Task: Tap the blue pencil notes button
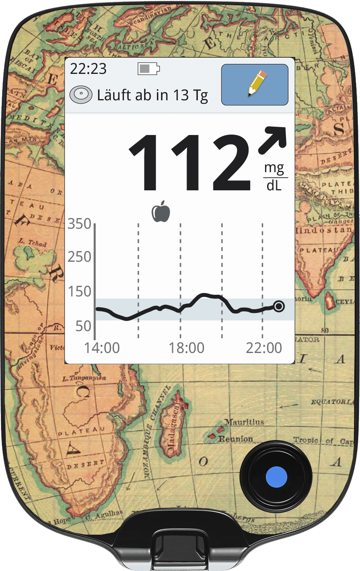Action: click(255, 85)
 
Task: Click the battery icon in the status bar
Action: click(149, 69)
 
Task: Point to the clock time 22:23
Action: click(88, 69)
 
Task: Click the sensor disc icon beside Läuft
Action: click(81, 95)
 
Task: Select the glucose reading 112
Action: click(190, 163)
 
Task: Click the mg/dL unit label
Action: click(274, 177)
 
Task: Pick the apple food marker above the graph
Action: click(161, 211)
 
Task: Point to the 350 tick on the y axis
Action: click(79, 224)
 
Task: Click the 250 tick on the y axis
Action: click(79, 257)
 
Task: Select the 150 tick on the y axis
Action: click(79, 291)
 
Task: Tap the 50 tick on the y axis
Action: click(83, 326)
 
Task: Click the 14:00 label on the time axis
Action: click(102, 348)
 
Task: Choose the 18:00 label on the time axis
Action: click(187, 348)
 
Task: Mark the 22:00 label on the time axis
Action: click(264, 348)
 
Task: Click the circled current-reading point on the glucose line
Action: click(279, 306)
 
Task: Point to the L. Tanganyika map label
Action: click(84, 378)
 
